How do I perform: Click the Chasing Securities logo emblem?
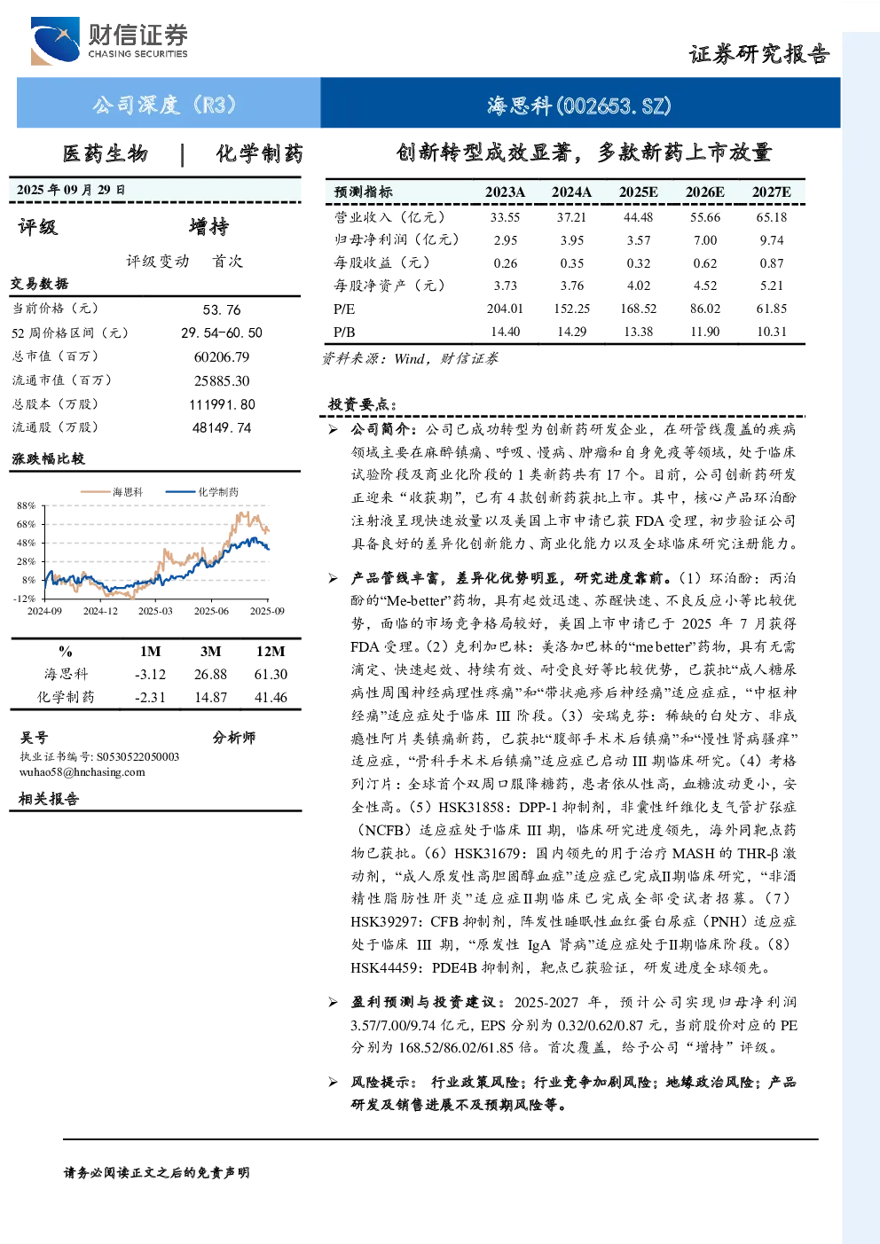click(55, 41)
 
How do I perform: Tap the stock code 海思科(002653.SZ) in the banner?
click(579, 105)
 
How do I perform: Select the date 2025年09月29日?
click(71, 190)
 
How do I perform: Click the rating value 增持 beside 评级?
click(208, 227)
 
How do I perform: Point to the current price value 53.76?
click(222, 309)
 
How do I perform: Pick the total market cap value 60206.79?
click(222, 357)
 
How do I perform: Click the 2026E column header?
click(704, 192)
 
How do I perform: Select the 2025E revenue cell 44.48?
click(639, 217)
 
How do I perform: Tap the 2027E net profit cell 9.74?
click(772, 240)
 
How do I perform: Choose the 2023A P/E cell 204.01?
click(505, 309)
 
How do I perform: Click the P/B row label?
click(344, 333)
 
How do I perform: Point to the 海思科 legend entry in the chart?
click(112, 492)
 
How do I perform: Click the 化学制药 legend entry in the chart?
click(202, 492)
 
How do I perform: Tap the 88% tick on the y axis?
click(26, 506)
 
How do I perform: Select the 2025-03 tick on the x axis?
click(155, 611)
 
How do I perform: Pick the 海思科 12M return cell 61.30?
click(271, 674)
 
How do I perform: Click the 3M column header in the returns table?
click(210, 652)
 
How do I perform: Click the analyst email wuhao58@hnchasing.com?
click(82, 772)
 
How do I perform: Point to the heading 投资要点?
click(364, 404)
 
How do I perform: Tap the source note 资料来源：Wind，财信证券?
click(411, 359)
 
